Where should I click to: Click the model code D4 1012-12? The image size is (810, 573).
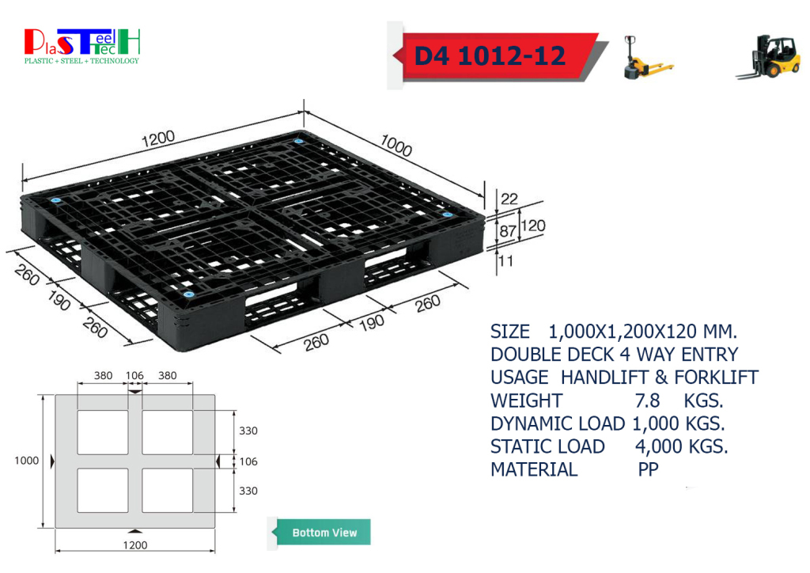490,56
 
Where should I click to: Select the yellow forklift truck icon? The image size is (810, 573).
768,57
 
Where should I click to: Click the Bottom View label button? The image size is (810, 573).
324,532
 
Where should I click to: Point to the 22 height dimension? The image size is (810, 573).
509,199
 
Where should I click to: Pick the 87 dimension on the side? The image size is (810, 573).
508,231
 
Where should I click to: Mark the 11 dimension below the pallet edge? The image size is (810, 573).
505,261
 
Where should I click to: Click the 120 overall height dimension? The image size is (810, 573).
533,226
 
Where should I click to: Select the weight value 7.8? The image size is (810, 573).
647,400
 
